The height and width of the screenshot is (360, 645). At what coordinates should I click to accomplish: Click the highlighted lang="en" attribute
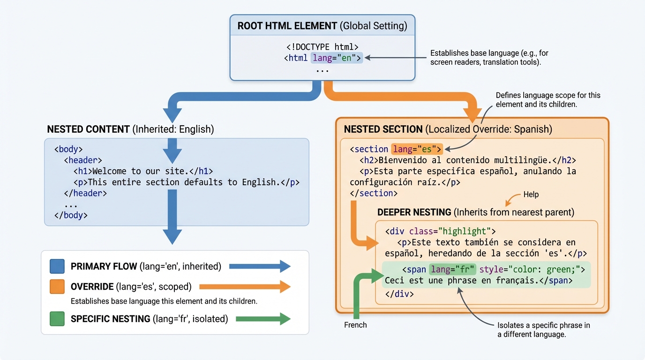coord(337,58)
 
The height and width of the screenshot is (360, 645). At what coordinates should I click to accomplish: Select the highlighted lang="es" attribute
coord(417,149)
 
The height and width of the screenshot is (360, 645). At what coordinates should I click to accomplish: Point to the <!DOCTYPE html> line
coord(322,47)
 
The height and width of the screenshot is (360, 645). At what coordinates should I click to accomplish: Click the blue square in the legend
coord(57,266)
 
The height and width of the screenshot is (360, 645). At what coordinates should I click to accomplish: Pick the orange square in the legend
coord(57,286)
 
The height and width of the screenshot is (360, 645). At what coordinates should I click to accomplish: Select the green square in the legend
coord(57,319)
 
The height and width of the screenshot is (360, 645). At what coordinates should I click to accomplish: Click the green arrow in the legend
coord(263,319)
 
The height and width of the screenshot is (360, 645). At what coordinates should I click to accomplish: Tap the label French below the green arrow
coord(355,325)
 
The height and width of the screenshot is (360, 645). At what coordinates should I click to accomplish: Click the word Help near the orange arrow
coord(531,195)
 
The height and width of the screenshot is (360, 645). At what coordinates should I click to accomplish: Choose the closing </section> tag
coord(374,193)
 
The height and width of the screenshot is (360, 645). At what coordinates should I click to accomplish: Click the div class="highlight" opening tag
coord(440,231)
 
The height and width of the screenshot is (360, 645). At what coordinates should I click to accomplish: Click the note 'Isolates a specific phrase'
coord(543,330)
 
